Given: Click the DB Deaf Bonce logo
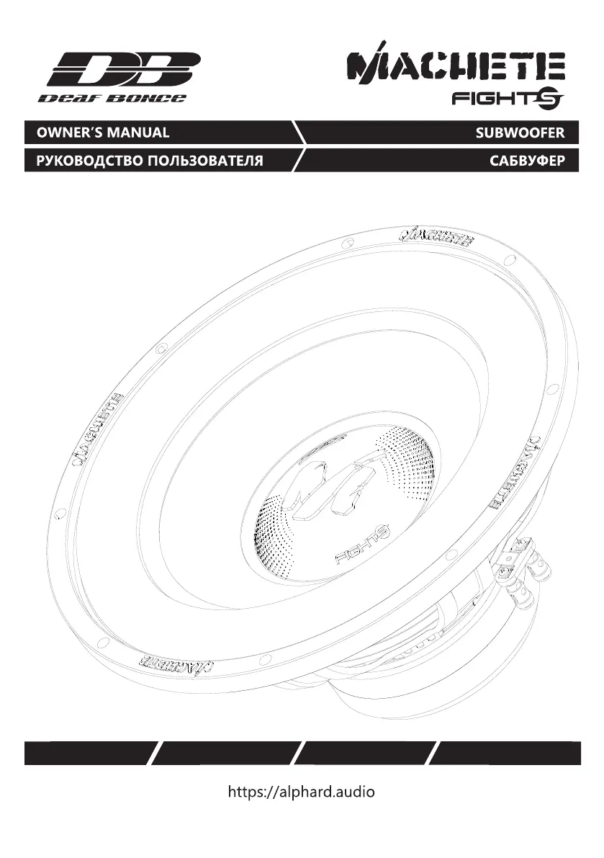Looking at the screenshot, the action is point(120,77).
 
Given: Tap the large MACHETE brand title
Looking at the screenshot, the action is point(456,64).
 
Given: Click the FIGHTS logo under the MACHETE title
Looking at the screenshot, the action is point(508,99).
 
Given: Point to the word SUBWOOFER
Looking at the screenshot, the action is point(520,133).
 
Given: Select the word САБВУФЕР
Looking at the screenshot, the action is point(527,161).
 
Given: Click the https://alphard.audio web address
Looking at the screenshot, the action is point(301,791).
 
